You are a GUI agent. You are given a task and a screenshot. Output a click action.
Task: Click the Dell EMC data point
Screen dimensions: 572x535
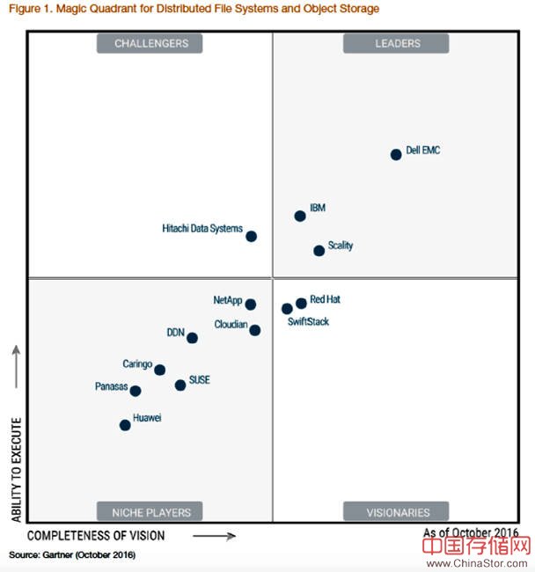click(x=396, y=155)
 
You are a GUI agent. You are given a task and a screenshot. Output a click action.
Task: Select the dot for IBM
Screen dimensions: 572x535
click(x=300, y=216)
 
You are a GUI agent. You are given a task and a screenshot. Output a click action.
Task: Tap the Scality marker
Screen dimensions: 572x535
click(x=319, y=251)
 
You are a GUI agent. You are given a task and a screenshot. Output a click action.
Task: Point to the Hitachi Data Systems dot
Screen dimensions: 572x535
click(x=251, y=236)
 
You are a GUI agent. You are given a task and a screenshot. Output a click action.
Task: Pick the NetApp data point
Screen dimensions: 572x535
click(x=251, y=304)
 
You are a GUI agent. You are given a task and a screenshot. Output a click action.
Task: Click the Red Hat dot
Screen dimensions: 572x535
click(x=301, y=304)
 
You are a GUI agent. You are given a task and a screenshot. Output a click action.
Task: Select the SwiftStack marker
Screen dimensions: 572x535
click(x=287, y=309)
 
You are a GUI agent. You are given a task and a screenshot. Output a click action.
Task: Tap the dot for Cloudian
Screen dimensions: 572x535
click(x=254, y=330)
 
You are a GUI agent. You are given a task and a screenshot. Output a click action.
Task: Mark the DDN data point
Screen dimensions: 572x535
click(x=192, y=338)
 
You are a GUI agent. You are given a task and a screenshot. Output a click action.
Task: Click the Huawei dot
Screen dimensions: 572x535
click(x=125, y=425)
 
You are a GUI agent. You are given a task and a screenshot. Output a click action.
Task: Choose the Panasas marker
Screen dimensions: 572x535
click(x=136, y=391)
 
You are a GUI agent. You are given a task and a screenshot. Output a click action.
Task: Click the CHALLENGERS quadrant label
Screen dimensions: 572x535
click(x=150, y=44)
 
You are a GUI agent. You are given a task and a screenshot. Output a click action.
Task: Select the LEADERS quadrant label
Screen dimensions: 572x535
click(x=396, y=44)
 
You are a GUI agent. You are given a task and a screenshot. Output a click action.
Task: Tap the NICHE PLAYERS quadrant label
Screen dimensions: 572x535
click(x=150, y=511)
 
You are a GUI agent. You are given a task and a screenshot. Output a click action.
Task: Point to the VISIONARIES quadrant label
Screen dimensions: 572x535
click(x=396, y=511)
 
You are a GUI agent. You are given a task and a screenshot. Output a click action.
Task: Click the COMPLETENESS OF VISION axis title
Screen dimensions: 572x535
click(x=96, y=535)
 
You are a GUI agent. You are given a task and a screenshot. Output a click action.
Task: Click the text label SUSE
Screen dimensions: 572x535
click(x=199, y=380)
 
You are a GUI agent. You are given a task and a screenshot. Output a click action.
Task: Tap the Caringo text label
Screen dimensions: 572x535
click(x=137, y=364)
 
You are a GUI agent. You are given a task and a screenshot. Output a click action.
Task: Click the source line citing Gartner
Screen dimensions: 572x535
click(x=72, y=555)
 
